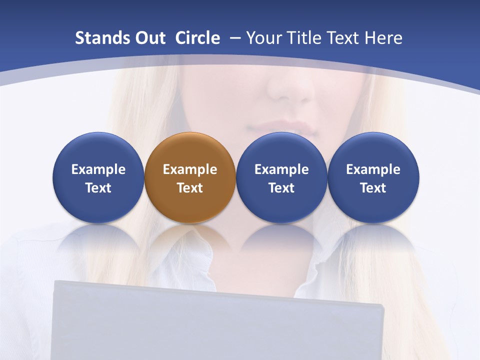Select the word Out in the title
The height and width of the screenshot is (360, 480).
coord(149,38)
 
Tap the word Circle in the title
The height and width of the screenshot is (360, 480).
coord(197,38)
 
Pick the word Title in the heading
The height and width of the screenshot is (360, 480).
coord(308,38)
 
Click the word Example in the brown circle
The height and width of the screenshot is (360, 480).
coord(190,169)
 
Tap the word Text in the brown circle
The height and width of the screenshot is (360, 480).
coord(190,188)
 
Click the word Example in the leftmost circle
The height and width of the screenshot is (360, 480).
coord(98,169)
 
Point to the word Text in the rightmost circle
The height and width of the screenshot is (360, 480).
coord(373,188)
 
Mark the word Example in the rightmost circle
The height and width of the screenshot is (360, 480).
coord(373,169)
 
